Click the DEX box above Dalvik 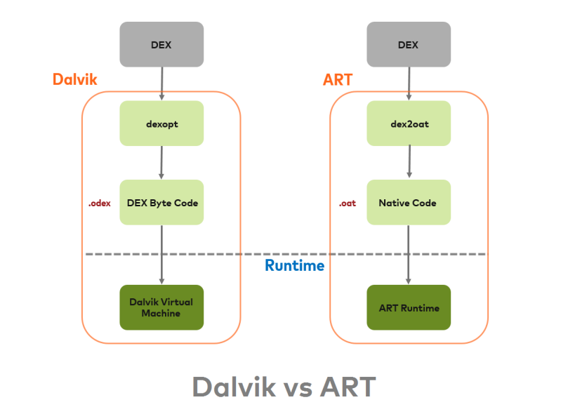161,45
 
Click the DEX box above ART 408,45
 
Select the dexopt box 161,123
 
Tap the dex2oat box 408,123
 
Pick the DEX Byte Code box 161,203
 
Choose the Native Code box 408,203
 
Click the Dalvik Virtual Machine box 161,307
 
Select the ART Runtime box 408,307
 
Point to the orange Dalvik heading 74,79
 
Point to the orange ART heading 338,79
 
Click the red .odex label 100,203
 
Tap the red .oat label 348,203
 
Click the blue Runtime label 294,266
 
